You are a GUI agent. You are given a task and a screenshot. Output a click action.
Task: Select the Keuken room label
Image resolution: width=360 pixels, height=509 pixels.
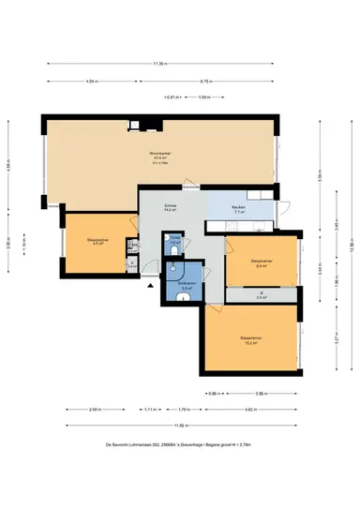point(239,211)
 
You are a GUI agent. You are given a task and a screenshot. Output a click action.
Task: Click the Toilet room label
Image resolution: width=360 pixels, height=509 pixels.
point(175,240)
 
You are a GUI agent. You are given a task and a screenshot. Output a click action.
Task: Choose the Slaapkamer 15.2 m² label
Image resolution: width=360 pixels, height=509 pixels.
point(249,339)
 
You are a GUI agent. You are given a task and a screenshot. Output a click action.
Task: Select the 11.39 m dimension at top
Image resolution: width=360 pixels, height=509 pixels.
point(160,64)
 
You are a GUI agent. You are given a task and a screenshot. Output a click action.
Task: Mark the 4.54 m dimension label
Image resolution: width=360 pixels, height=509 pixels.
point(91,82)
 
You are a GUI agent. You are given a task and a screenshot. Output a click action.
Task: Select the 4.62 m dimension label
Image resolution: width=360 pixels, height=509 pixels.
point(251,410)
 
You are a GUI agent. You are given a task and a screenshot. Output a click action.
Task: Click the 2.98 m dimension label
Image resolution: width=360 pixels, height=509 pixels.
point(95,410)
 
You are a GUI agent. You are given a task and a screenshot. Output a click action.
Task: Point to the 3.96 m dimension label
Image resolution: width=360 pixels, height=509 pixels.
point(262,393)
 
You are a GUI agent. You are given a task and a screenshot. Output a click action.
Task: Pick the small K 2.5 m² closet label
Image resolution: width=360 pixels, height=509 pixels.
point(262,296)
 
